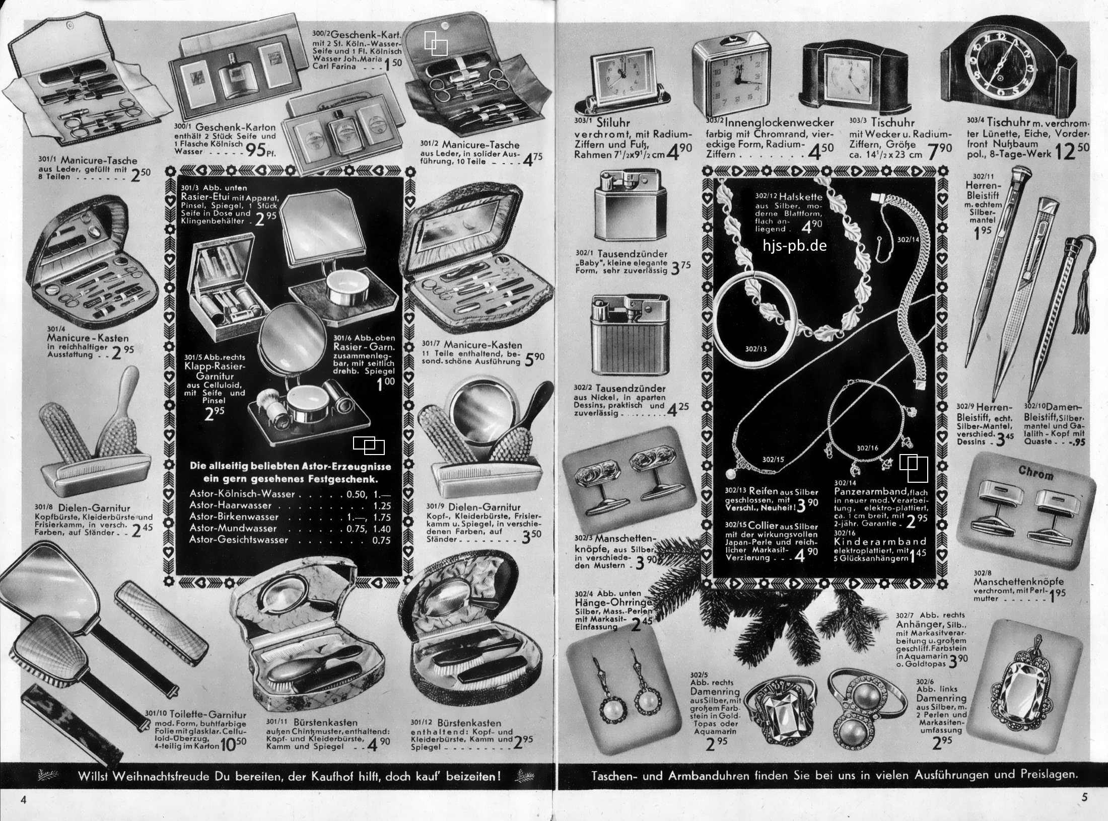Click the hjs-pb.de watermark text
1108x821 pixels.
(795, 246)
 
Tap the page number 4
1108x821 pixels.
(23, 799)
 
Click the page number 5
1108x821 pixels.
(1084, 797)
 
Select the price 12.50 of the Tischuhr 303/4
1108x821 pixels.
(1071, 151)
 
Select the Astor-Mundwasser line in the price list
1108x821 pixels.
(290, 528)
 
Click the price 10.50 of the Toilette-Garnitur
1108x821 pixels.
(233, 744)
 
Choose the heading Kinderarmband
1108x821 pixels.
(880, 542)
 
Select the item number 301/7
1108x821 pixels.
(431, 344)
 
